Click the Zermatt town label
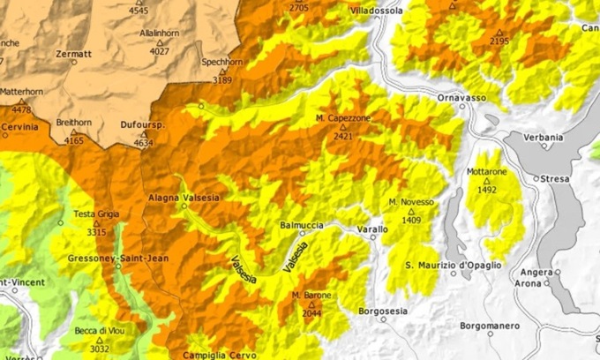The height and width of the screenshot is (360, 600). click(x=73, y=54)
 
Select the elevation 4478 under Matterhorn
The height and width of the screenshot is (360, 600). click(x=20, y=110)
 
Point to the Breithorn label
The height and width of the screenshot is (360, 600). click(x=73, y=122)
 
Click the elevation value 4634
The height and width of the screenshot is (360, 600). click(x=143, y=143)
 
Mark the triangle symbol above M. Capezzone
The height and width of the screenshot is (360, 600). click(x=343, y=128)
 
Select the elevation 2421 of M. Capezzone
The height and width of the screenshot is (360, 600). click(x=343, y=137)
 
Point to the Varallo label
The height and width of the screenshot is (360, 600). click(x=371, y=229)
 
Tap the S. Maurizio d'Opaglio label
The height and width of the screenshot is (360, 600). click(x=454, y=265)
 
